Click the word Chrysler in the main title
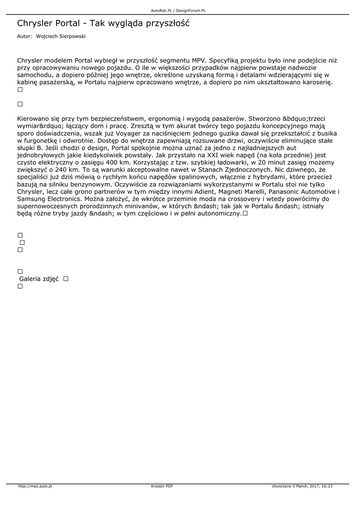34,23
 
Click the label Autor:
24,36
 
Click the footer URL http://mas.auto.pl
35,486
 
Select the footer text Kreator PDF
162,486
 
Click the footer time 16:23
326,486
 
